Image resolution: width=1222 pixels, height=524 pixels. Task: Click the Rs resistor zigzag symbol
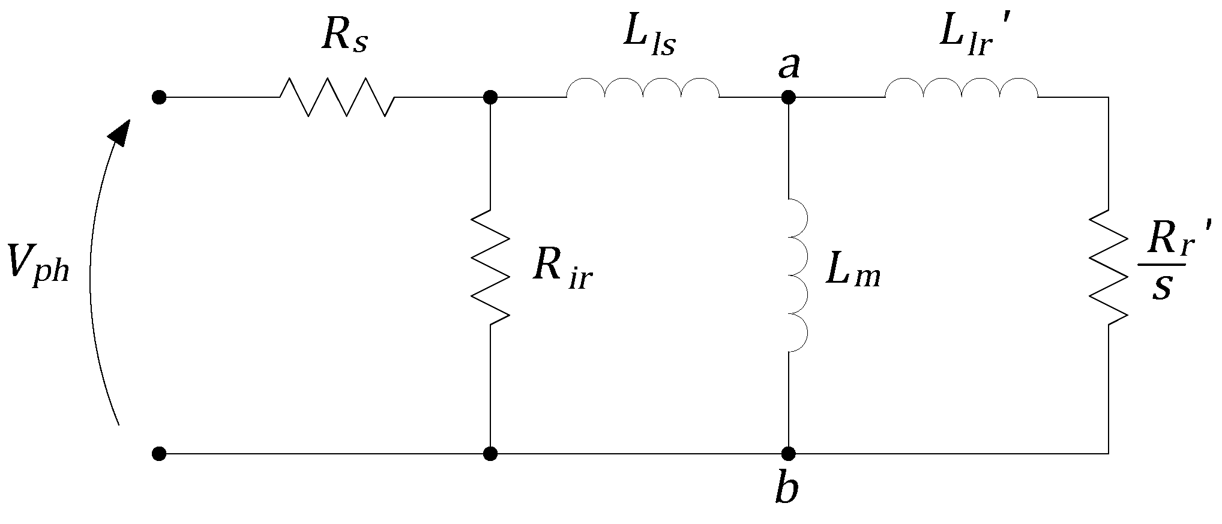(x=337, y=96)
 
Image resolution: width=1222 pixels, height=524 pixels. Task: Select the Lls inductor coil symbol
(x=642, y=88)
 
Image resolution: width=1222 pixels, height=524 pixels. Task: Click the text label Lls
(x=649, y=39)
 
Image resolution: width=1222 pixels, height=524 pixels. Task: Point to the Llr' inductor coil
(x=962, y=88)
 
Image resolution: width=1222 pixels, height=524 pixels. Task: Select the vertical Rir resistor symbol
(x=490, y=267)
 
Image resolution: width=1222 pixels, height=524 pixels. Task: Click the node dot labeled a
(x=788, y=97)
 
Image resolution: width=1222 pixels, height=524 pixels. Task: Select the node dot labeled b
(x=788, y=453)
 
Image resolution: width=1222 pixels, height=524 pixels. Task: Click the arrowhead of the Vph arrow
(x=122, y=131)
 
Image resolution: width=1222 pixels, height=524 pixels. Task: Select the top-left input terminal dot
(x=159, y=97)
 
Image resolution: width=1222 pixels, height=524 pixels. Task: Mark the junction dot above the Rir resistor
(x=490, y=97)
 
